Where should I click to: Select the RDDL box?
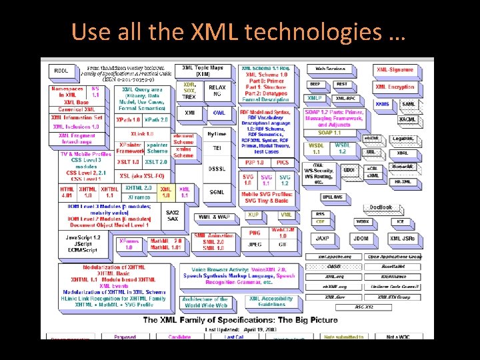[61, 70]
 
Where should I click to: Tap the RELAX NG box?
[217, 91]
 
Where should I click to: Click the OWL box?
[219, 113]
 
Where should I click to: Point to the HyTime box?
[217, 134]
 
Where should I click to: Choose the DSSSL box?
[217, 169]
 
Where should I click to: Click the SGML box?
[217, 191]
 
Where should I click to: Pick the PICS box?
[283, 162]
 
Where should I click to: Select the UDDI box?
[349, 171]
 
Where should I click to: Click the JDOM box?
[361, 238]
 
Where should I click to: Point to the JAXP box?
[322, 238]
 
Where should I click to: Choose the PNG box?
[254, 233]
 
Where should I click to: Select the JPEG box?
[254, 244]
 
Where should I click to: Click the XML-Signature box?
[395, 70]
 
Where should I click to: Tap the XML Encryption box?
[395, 87]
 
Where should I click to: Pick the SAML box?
[408, 104]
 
